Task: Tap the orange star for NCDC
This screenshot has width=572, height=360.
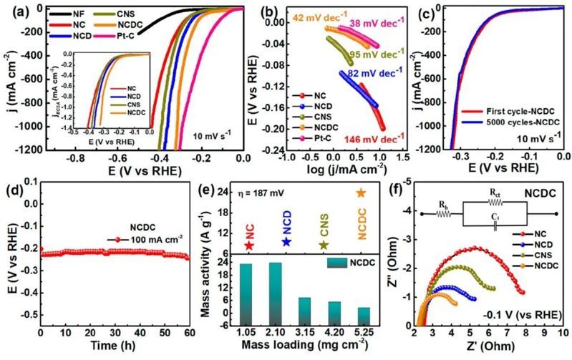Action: pos(361,193)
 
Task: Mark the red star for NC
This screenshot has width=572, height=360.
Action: pos(248,245)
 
